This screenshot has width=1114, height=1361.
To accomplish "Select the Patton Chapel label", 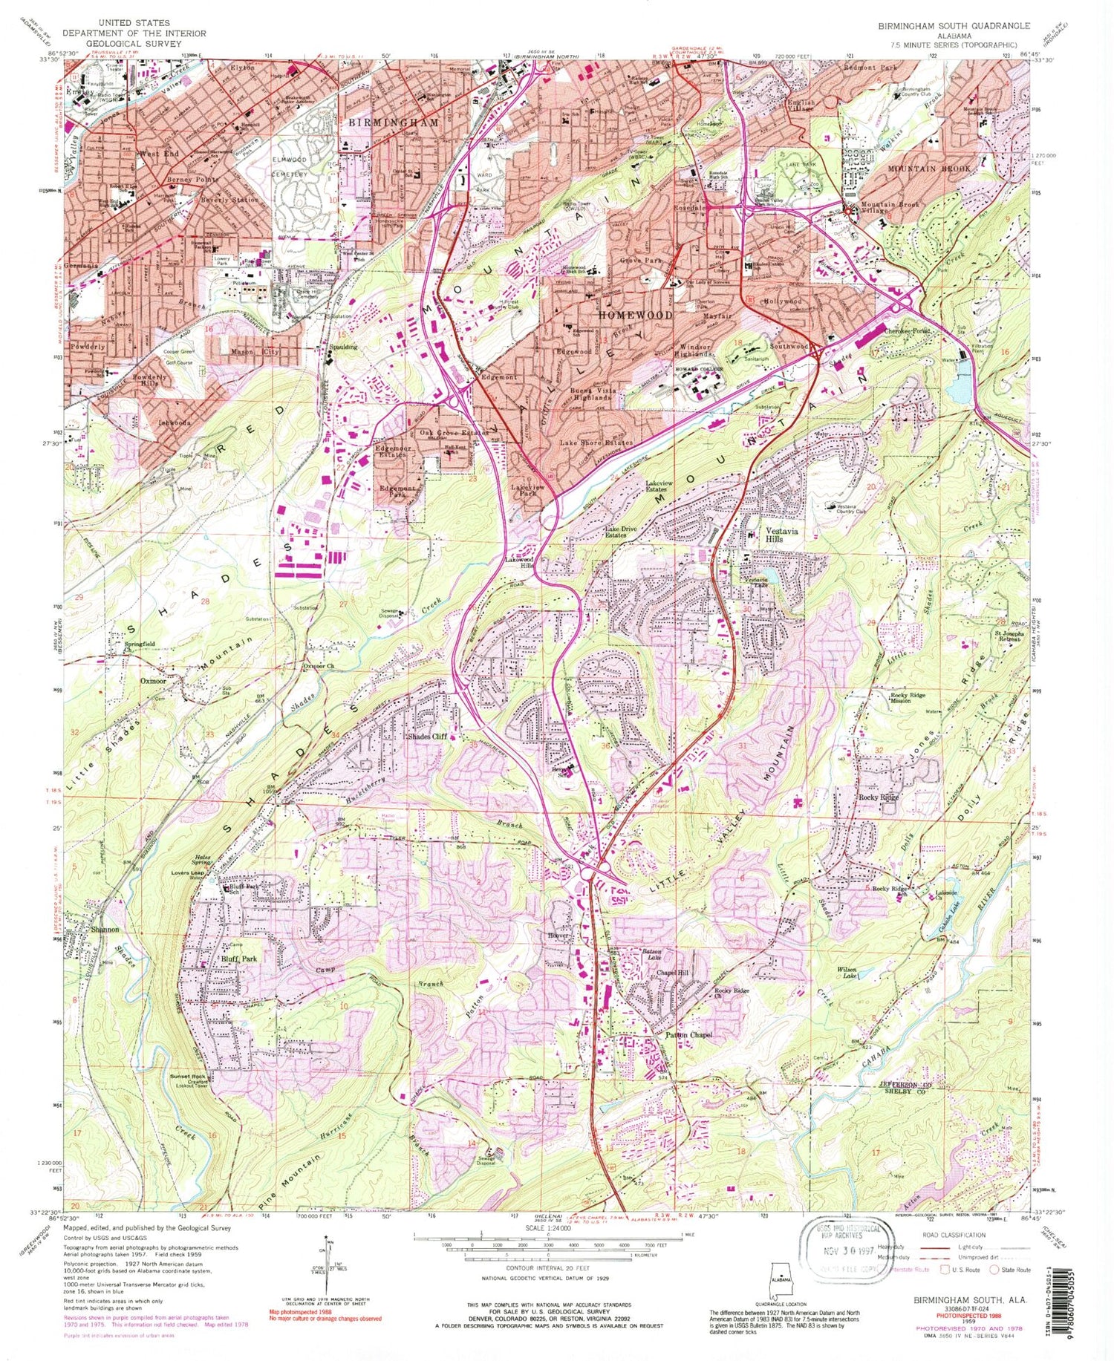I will pyautogui.click(x=688, y=1034).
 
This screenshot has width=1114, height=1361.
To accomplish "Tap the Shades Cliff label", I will pyautogui.click(x=427, y=737).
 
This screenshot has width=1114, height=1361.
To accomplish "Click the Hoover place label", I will pyautogui.click(x=558, y=936).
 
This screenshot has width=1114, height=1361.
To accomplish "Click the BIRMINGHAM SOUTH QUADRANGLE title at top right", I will pyautogui.click(x=954, y=26).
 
